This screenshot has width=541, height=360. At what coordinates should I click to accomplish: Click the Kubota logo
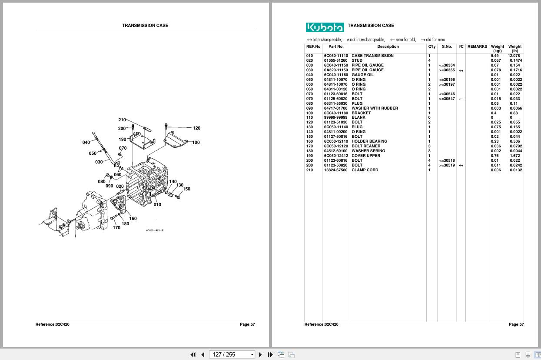(x=325, y=27)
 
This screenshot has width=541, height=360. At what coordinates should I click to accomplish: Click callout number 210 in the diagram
(x=122, y=120)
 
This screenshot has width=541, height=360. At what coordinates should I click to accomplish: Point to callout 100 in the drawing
(x=196, y=143)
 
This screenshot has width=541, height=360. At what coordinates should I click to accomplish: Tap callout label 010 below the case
(x=157, y=205)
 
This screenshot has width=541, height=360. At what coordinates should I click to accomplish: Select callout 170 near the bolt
(x=116, y=228)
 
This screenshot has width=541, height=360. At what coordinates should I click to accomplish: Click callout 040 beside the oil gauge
(x=86, y=143)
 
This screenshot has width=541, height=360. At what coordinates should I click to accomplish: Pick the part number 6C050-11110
(x=335, y=56)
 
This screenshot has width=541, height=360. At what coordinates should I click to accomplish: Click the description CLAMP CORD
(x=365, y=170)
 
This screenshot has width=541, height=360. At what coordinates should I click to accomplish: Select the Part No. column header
(x=336, y=47)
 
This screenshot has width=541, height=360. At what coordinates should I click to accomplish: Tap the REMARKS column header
(x=477, y=47)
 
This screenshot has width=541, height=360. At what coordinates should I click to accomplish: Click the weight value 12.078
(x=514, y=56)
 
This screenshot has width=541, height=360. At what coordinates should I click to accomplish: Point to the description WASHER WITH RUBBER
(x=375, y=108)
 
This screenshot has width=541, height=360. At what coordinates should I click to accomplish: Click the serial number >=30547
(x=447, y=99)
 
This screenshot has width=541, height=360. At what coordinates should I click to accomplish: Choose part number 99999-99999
(x=335, y=117)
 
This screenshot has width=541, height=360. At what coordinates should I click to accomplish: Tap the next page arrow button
(x=260, y=354)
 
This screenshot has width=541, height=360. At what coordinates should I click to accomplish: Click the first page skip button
(x=193, y=354)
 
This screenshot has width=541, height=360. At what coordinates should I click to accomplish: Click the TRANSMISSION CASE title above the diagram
(x=145, y=25)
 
